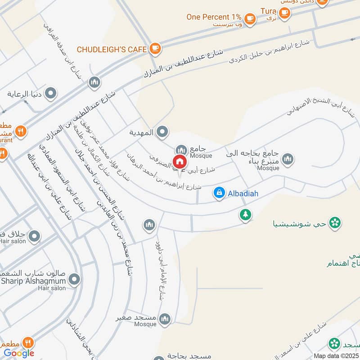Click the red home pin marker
pos(180,162)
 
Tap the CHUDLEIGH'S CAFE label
pos(112,49)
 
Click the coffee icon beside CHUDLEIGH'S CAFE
pos(155,48)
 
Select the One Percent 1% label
pos(215,17)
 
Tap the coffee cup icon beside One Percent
pos(250,18)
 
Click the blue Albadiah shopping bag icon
pos(219,193)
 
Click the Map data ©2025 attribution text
pos(336,355)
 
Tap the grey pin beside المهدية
pos(163,132)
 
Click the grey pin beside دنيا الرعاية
pos(52,94)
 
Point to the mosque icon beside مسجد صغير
pos(165,319)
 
